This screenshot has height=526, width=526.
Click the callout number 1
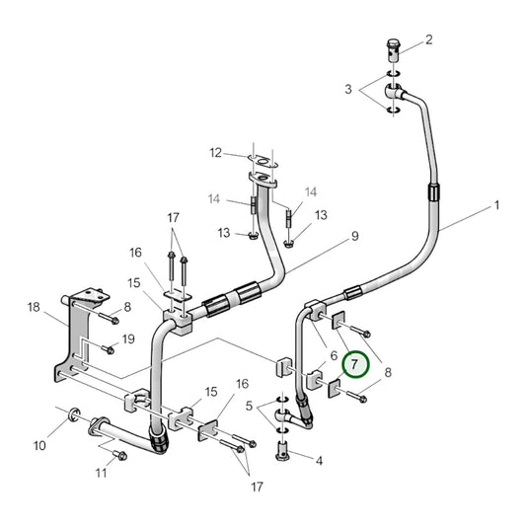(497, 205)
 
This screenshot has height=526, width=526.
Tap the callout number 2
(429, 40)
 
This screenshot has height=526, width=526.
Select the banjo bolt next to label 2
(393, 46)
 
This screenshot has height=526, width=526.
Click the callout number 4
(319, 461)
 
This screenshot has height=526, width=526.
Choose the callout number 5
(249, 405)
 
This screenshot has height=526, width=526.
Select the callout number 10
(39, 446)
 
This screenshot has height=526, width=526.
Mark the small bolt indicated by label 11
(119, 455)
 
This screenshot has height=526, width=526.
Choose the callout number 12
(215, 152)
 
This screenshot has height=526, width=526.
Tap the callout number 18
(36, 309)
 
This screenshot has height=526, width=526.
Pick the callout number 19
(127, 339)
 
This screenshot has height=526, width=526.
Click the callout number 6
(335, 356)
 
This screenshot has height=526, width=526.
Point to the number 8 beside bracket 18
(127, 309)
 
